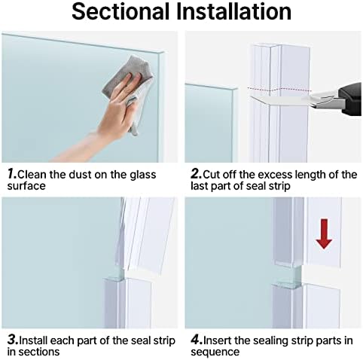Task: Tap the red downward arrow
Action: (x=324, y=233)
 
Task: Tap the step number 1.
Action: (x=11, y=175)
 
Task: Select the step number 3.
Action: (x=11, y=341)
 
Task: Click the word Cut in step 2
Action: (x=211, y=175)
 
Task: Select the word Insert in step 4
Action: (x=216, y=341)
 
